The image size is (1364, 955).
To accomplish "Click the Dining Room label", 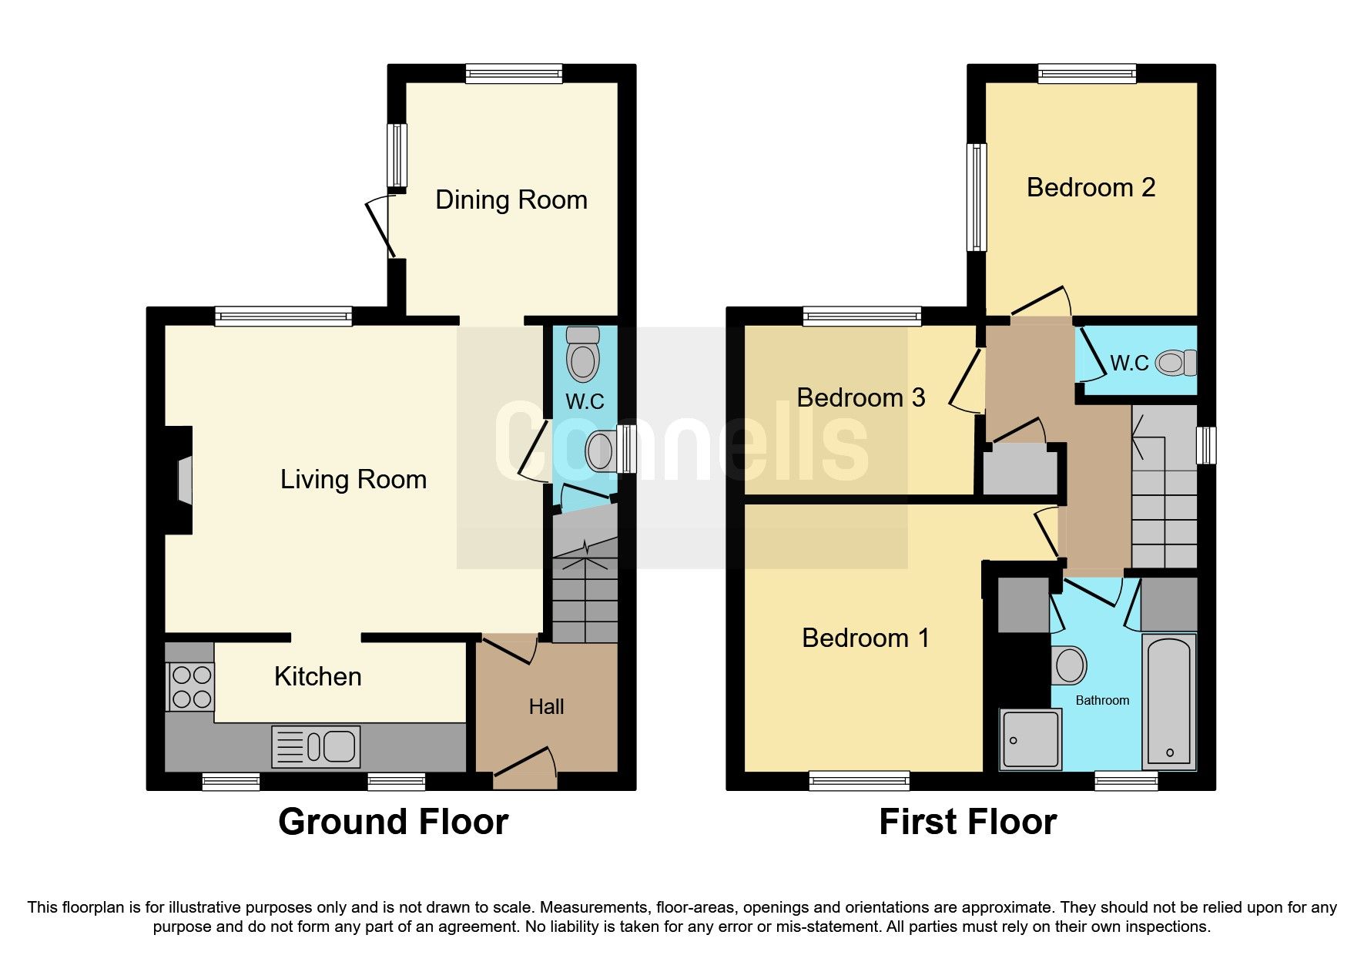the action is [x=511, y=200].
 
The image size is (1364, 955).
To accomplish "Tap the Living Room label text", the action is [x=354, y=480].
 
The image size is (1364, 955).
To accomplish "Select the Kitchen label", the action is [x=318, y=676].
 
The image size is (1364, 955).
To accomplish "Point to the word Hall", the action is [x=546, y=706].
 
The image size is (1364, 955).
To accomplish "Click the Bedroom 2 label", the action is [x=1091, y=187].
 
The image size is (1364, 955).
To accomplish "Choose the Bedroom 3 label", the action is [x=861, y=397].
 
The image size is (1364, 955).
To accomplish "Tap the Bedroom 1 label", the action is [x=866, y=638].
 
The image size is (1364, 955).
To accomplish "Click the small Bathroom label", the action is [x=1102, y=700].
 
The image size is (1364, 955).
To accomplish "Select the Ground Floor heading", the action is [x=394, y=822].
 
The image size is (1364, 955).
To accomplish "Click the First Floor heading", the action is [x=968, y=822].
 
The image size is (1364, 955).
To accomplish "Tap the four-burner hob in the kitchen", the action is [x=191, y=687].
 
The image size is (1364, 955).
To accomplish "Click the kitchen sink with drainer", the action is [x=316, y=746].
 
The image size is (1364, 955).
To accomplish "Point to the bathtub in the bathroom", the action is [x=1169, y=702].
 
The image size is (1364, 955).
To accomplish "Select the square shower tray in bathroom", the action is [x=1031, y=739].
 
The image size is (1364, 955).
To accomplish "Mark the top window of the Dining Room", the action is [x=514, y=74].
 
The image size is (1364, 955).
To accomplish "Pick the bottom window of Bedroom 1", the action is [x=859, y=781].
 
